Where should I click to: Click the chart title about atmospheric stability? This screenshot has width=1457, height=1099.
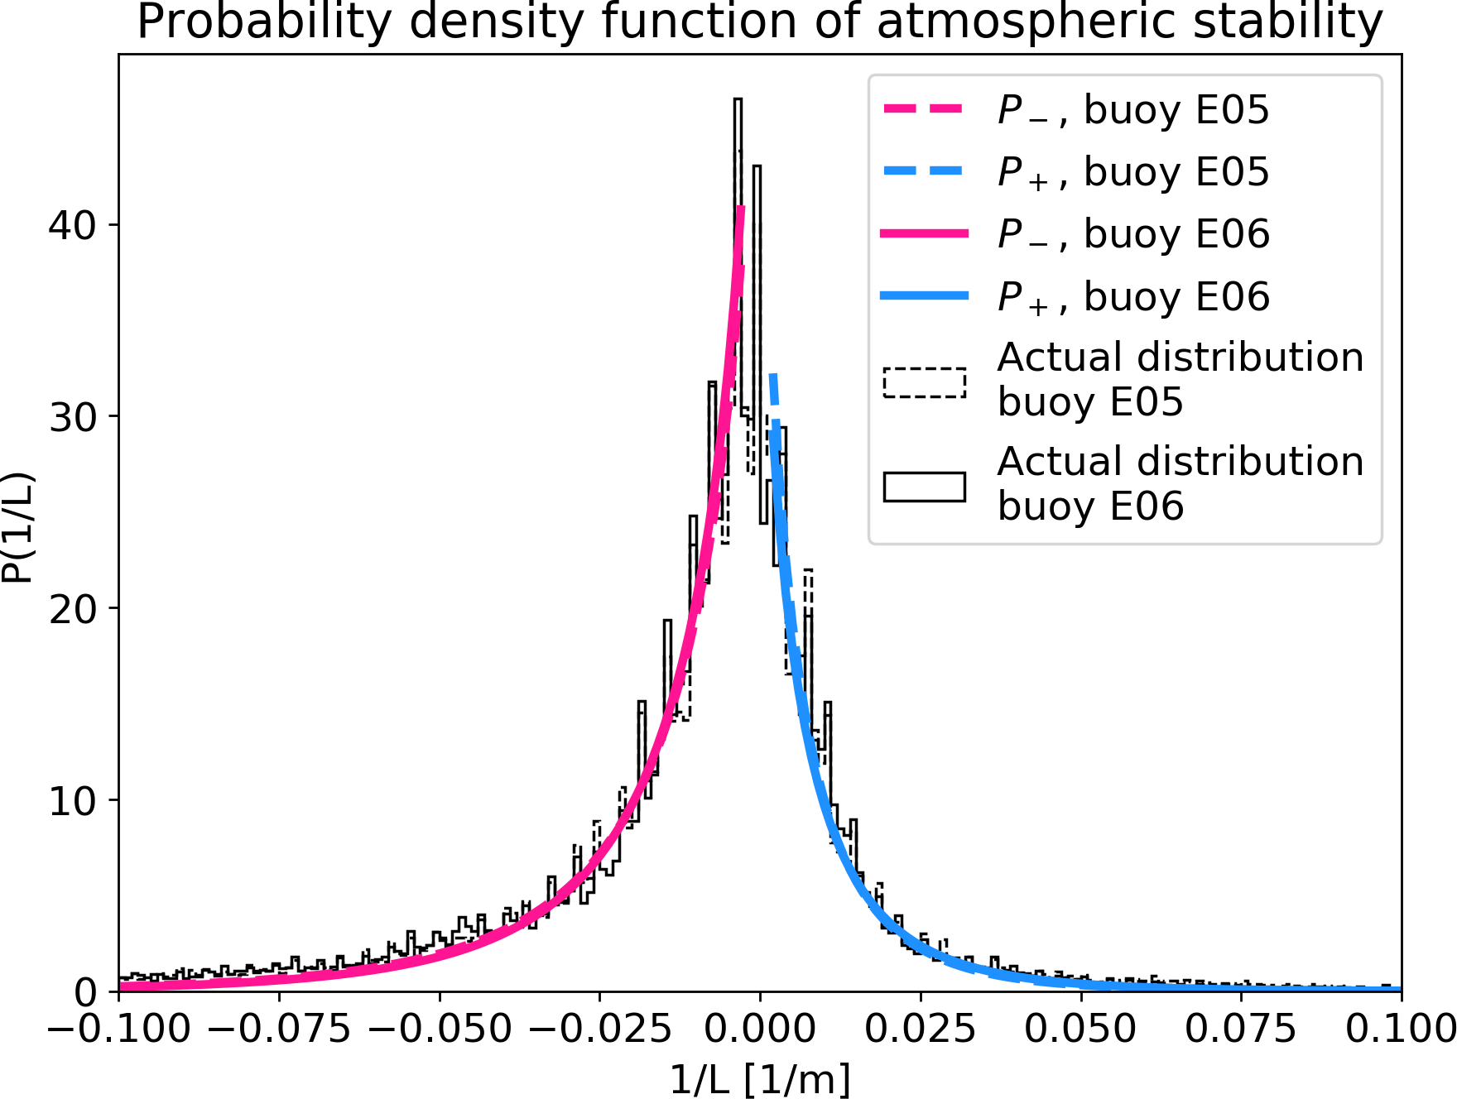[x=759, y=22]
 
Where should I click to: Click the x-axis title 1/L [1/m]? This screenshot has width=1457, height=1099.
[x=759, y=1079]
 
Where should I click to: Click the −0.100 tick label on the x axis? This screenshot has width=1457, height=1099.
[x=118, y=1029]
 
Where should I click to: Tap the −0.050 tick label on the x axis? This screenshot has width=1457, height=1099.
[x=440, y=1029]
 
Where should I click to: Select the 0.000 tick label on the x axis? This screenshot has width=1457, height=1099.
[x=759, y=1029]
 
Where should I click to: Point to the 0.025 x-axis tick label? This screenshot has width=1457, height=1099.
[x=920, y=1029]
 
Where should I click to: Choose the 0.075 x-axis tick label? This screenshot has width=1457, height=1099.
[x=1240, y=1029]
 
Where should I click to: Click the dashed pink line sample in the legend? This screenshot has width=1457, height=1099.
[x=924, y=109]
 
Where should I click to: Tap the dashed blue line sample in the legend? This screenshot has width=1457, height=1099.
[x=924, y=171]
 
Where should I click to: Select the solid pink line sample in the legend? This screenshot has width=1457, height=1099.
[x=924, y=234]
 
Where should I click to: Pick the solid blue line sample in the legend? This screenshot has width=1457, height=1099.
[x=924, y=296]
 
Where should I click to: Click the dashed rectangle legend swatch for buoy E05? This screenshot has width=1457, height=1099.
[x=924, y=382]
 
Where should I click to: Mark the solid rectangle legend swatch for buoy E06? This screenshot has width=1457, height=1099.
[x=924, y=487]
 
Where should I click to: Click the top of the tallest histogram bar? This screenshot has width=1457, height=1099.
[x=738, y=99]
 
